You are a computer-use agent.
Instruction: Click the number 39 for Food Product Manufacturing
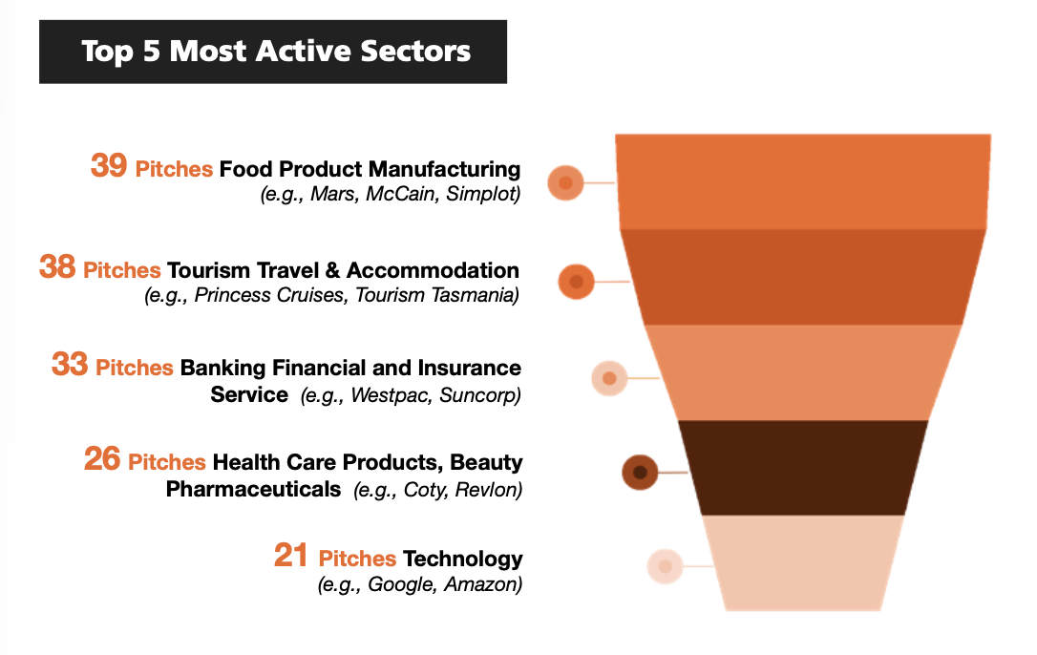tap(109, 165)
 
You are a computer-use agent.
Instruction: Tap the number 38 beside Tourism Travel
tap(57, 266)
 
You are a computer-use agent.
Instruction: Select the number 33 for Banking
tap(70, 364)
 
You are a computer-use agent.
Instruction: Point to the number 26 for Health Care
tap(102, 458)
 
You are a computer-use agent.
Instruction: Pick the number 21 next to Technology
tap(291, 555)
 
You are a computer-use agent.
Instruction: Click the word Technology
tap(463, 560)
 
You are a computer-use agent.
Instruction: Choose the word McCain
tap(402, 194)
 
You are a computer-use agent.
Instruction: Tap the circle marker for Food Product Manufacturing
tap(565, 182)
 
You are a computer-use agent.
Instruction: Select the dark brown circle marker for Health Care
tap(640, 473)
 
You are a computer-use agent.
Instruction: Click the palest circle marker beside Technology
tap(666, 566)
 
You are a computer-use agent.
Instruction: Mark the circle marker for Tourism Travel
tap(576, 282)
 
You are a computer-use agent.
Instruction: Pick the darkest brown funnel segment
tap(803, 468)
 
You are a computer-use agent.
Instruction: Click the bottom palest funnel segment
tap(803, 562)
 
